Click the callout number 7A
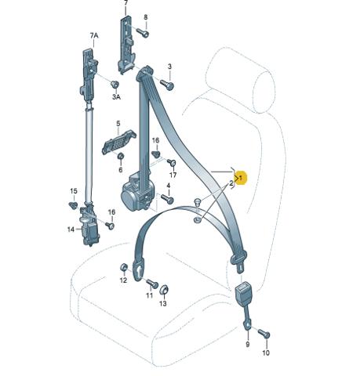94,35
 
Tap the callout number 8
146,17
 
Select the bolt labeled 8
143,32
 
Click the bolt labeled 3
167,85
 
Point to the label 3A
116,97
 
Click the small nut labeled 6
121,156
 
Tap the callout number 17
173,175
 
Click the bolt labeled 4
167,199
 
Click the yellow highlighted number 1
241,178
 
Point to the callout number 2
231,183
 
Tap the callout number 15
74,191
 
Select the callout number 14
71,230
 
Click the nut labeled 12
123,268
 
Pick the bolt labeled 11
152,284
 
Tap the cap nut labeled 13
164,290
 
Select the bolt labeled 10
264,334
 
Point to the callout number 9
247,344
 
